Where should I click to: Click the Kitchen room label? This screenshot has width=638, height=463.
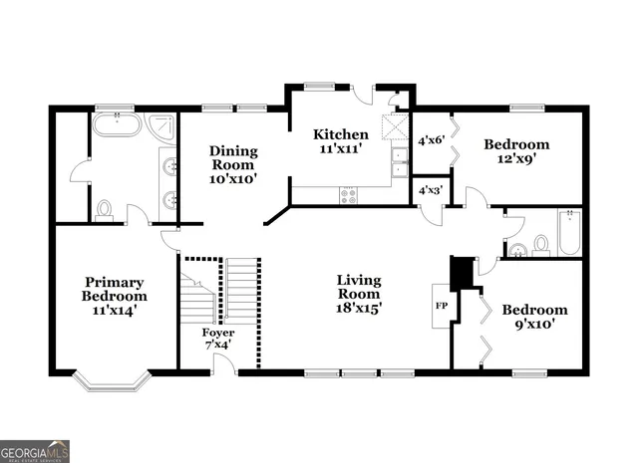click(x=341, y=134)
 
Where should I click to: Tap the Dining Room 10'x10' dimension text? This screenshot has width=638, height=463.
click(x=233, y=180)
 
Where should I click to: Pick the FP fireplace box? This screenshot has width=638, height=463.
click(x=441, y=305)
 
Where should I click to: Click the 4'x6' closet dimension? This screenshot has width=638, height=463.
click(x=430, y=140)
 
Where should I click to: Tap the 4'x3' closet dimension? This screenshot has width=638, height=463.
click(x=430, y=189)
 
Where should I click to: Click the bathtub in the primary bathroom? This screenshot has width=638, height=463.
click(x=118, y=126)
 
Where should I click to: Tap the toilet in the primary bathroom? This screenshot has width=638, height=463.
click(x=104, y=210)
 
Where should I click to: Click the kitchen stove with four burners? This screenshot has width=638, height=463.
click(x=348, y=195)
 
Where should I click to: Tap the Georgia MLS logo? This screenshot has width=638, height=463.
click(x=35, y=451)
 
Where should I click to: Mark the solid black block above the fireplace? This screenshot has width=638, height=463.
click(x=461, y=271)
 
